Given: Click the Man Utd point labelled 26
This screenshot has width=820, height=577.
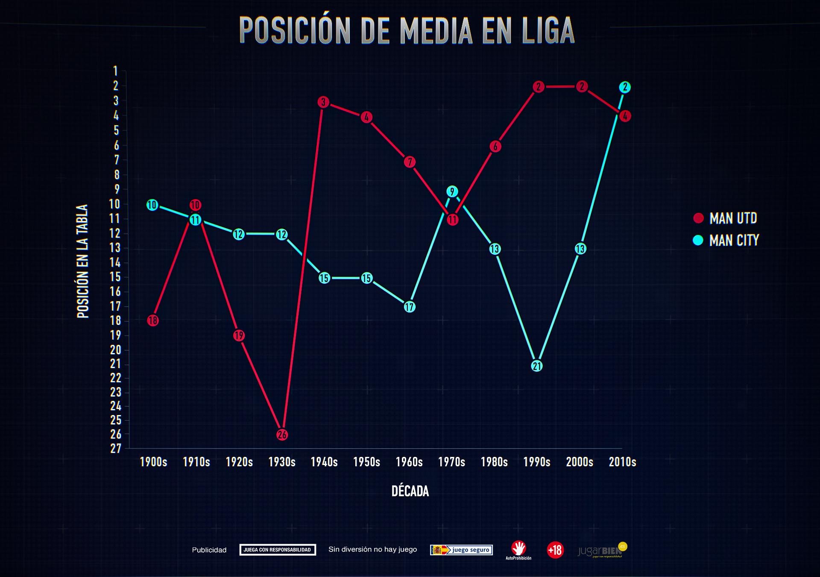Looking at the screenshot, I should pyautogui.click(x=282, y=435).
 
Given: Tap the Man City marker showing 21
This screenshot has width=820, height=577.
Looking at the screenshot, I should pyautogui.click(x=537, y=366).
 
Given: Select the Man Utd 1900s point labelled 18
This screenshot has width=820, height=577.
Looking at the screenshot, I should pyautogui.click(x=153, y=320).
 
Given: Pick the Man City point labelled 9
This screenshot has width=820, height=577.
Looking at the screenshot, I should pyautogui.click(x=452, y=191).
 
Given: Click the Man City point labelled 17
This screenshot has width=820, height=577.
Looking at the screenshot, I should pyautogui.click(x=409, y=307).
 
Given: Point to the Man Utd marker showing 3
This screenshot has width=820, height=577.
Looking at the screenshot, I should pyautogui.click(x=323, y=102).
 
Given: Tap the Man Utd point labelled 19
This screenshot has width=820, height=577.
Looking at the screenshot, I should pyautogui.click(x=239, y=336).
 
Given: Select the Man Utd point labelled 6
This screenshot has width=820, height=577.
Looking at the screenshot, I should pyautogui.click(x=495, y=147).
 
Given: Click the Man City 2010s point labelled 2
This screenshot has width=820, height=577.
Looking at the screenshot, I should pyautogui.click(x=625, y=87).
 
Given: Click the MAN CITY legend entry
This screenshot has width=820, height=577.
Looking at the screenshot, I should pyautogui.click(x=726, y=241).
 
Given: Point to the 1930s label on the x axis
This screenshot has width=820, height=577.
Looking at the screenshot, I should pyautogui.click(x=282, y=462).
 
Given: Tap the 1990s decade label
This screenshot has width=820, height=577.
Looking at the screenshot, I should pyautogui.click(x=537, y=462).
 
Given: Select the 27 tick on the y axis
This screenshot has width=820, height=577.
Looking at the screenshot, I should pyautogui.click(x=116, y=448).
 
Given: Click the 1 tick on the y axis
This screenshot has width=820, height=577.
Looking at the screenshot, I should pyautogui.click(x=116, y=71).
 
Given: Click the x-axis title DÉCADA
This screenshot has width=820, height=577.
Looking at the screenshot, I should pyautogui.click(x=410, y=491).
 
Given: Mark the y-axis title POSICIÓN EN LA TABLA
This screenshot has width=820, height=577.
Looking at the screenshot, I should pyautogui.click(x=82, y=261).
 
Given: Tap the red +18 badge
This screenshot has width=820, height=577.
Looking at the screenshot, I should pyautogui.click(x=555, y=550).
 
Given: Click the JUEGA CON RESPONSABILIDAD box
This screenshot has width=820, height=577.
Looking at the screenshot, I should pyautogui.click(x=278, y=550).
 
